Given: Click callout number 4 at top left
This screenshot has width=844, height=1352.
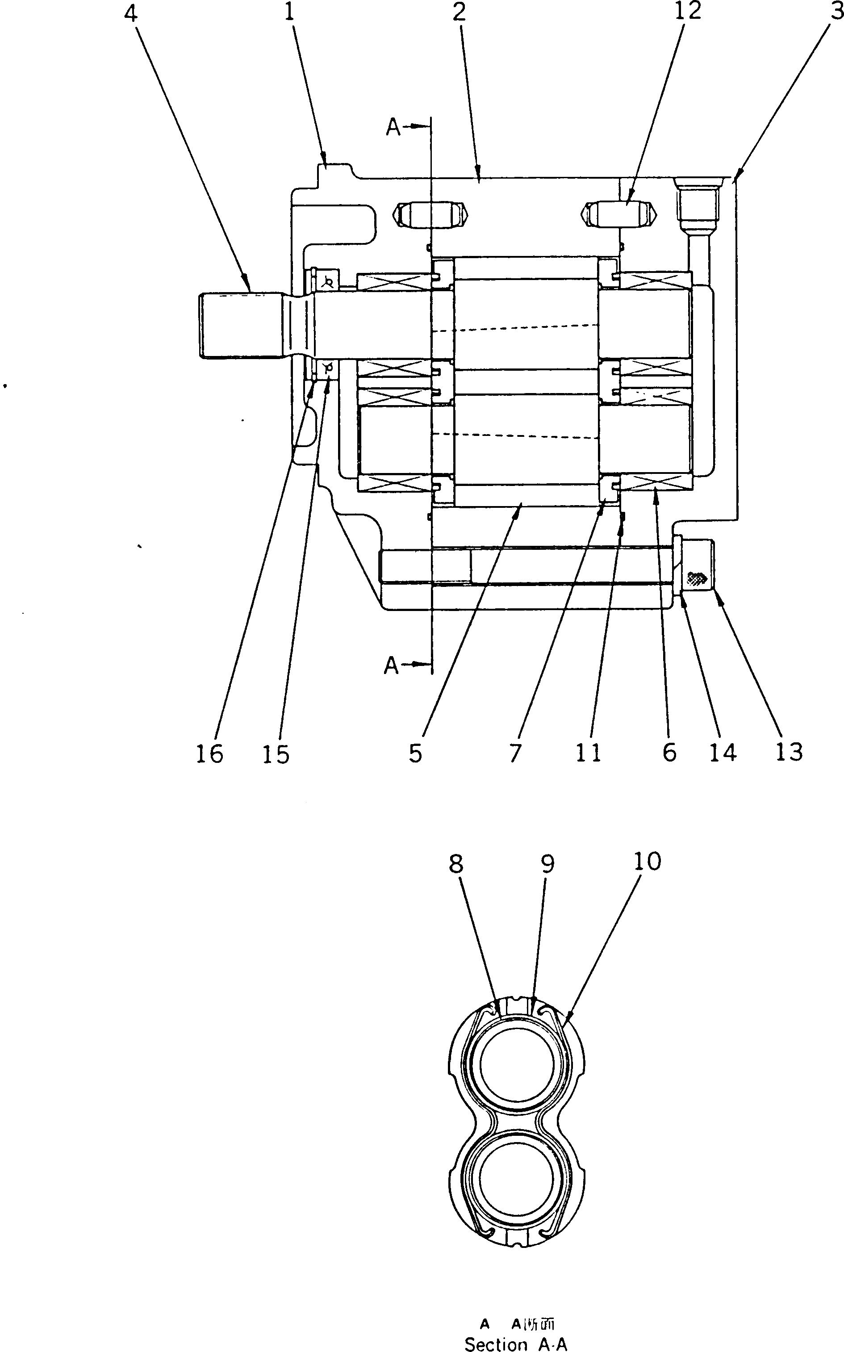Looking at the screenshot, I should [x=130, y=13].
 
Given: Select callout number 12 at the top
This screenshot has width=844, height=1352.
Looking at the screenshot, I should [x=688, y=11].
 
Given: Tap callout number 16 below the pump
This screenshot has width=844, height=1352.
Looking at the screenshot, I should [x=209, y=754].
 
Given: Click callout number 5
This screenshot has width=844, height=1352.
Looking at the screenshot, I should [x=415, y=753].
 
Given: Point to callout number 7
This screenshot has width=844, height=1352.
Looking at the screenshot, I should [x=514, y=753].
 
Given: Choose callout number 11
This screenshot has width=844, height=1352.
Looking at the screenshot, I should [x=589, y=753].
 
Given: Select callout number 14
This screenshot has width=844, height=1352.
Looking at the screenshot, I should [x=723, y=753].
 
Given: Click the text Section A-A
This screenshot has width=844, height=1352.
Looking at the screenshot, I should [x=515, y=1345].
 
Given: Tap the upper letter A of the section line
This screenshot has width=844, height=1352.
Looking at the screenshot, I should [x=393, y=128].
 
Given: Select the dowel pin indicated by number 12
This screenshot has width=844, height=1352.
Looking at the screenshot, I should [x=620, y=214].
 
